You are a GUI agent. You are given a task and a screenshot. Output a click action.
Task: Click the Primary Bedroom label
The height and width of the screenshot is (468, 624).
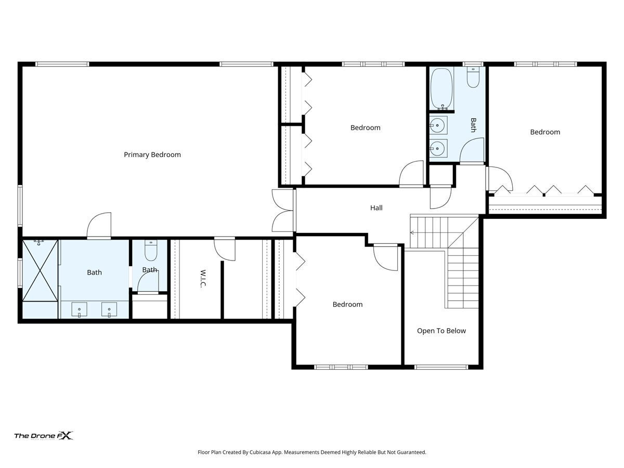click(x=152, y=155)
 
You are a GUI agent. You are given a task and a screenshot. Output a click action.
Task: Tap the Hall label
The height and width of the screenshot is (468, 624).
click(x=376, y=208)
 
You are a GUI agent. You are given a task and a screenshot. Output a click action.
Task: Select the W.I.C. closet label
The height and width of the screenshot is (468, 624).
click(x=203, y=279)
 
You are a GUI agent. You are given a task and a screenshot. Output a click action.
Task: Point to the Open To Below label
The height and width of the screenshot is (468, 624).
click(x=441, y=331)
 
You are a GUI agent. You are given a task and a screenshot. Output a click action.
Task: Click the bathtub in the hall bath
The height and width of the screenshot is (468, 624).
click(x=441, y=88)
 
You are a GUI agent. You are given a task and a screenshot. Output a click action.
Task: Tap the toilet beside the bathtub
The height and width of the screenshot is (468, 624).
click(x=473, y=77)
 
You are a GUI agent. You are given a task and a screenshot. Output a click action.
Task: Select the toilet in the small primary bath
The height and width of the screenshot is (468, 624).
click(x=151, y=250)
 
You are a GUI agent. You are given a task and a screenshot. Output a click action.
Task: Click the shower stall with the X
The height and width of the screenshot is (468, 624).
click(x=40, y=270)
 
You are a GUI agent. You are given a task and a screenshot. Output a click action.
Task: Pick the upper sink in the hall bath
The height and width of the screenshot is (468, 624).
click(x=438, y=125)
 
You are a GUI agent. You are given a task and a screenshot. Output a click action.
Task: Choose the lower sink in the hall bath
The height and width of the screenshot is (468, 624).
click(x=438, y=148)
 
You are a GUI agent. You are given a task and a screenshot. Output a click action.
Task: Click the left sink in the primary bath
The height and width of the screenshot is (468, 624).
click(x=80, y=310)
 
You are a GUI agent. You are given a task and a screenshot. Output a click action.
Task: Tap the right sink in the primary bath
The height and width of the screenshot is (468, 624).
click(x=109, y=310)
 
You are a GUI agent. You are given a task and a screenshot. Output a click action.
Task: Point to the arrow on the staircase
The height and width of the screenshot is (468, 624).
click(x=412, y=233)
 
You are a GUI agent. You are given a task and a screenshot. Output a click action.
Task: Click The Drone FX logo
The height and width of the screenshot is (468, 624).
click(x=44, y=436)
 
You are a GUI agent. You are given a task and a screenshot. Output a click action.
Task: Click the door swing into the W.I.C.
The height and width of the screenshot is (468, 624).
click(x=225, y=250)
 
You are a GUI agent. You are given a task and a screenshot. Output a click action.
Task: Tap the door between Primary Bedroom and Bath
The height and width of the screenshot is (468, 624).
click(x=99, y=225)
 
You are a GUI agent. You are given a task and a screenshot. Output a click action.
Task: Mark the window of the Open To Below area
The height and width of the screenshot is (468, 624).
click(x=441, y=367)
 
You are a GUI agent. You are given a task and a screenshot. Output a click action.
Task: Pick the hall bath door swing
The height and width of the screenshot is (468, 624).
click(x=472, y=151)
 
